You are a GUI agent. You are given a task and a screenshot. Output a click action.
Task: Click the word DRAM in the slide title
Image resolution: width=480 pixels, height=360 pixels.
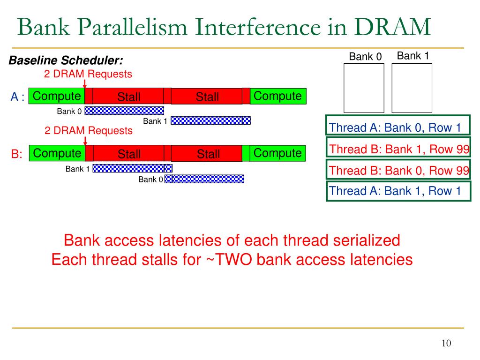click(x=393, y=27)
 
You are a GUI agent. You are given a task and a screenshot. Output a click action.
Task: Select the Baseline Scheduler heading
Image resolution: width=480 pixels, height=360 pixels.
click(x=66, y=60)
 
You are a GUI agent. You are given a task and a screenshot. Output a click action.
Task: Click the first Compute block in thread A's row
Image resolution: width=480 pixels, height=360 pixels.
click(x=57, y=96)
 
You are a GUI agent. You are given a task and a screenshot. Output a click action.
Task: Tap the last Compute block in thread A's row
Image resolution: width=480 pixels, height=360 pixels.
click(x=278, y=96)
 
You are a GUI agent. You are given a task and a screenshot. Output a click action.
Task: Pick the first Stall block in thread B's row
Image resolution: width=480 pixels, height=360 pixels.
click(x=128, y=153)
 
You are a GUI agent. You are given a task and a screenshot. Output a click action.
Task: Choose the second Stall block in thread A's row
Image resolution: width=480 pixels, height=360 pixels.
click(x=207, y=96)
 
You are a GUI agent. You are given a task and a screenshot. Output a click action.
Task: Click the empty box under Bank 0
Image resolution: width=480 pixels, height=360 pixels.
click(x=364, y=88)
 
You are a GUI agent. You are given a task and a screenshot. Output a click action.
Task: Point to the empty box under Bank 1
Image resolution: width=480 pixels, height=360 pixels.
click(x=412, y=88)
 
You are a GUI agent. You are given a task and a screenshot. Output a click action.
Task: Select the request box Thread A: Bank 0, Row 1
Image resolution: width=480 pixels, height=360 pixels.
click(x=397, y=125)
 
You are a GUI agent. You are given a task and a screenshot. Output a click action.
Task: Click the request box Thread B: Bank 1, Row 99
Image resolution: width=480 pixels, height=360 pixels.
click(x=398, y=147)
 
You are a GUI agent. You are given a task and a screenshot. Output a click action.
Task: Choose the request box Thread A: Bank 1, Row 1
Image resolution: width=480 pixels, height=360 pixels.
click(x=398, y=191)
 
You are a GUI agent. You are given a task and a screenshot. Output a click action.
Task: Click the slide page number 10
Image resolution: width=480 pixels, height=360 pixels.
click(x=446, y=343)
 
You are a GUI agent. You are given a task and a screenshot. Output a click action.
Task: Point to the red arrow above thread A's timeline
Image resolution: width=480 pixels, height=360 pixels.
click(x=85, y=84)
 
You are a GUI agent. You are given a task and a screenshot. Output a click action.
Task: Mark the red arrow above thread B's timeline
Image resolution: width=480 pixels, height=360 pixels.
click(x=85, y=141)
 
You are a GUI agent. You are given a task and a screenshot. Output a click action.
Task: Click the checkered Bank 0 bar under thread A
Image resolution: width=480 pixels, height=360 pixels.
click(x=124, y=111)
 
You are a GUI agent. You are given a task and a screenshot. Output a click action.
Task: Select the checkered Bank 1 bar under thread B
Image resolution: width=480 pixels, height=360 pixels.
click(x=133, y=168)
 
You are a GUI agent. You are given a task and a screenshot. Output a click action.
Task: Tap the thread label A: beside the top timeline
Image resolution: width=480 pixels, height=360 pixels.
click(x=17, y=97)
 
